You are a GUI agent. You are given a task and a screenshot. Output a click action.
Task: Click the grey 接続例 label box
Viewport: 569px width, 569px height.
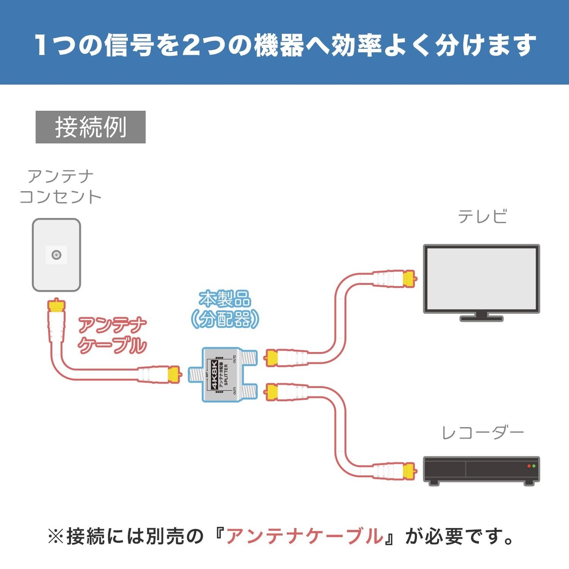pyautogui.click(x=91, y=127)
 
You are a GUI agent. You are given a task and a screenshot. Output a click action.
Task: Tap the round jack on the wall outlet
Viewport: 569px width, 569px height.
pyautogui.click(x=56, y=255)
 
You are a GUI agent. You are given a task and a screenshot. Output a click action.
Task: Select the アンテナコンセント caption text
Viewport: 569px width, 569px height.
pyautogui.click(x=60, y=187)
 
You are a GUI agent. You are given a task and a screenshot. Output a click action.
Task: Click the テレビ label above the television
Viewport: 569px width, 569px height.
pyautogui.click(x=482, y=216)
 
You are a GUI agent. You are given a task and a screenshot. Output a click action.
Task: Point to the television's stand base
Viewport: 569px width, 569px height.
pyautogui.click(x=481, y=318)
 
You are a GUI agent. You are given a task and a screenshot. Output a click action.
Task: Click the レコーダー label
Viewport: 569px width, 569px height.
pyautogui.click(x=483, y=433)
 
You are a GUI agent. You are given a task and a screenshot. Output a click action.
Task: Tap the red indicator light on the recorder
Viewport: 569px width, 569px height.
pyautogui.click(x=529, y=466)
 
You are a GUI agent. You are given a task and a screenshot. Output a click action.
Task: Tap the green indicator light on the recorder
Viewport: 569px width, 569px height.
pyautogui.click(x=534, y=466)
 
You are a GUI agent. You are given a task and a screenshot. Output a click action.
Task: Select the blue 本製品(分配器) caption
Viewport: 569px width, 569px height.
pyautogui.click(x=225, y=309)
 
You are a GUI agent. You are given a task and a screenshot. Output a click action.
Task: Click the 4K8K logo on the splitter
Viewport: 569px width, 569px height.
pyautogui.click(x=215, y=375)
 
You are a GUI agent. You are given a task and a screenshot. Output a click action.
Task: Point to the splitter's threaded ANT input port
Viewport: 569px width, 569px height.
pyautogui.click(x=195, y=374)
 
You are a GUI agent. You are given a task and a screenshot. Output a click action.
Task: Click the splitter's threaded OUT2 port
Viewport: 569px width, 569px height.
pyautogui.click(x=250, y=357)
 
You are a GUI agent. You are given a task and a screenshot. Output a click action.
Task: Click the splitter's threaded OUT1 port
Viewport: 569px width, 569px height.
pyautogui.click(x=250, y=392)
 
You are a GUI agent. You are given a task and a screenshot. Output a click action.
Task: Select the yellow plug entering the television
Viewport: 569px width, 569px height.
pyautogui.click(x=409, y=279)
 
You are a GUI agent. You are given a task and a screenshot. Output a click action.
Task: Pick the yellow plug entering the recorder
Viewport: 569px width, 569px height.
pyautogui.click(x=409, y=470)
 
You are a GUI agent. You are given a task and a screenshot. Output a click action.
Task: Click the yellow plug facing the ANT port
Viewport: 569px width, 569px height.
pyautogui.click(x=173, y=374)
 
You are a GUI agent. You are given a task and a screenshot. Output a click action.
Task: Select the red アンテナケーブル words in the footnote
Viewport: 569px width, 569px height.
pyautogui.click(x=305, y=537)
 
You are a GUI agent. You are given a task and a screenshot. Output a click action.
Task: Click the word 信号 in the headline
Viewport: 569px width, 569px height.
pyautogui.click(x=129, y=45)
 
